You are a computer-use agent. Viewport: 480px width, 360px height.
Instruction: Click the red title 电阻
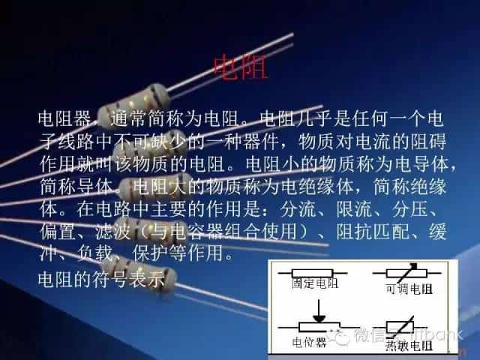(x=240, y=67)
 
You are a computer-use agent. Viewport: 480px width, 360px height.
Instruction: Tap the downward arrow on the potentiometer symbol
(x=319, y=310)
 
